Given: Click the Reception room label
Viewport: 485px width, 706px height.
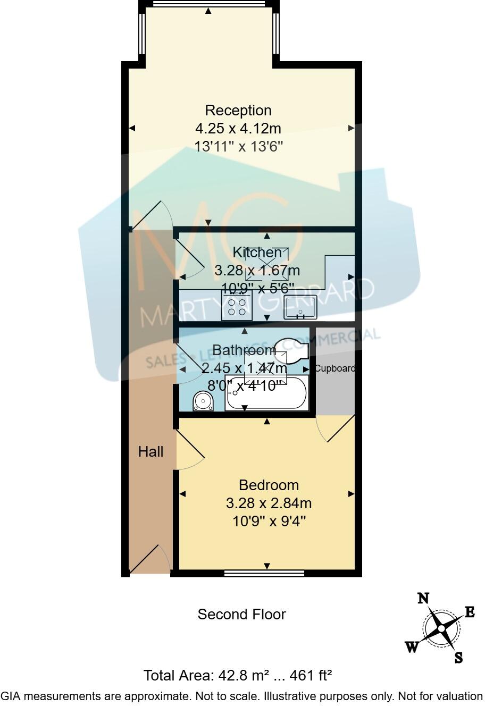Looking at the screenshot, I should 238,111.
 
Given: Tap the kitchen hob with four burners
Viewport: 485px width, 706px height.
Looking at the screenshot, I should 237,308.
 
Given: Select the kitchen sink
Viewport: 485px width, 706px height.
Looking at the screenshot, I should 300,307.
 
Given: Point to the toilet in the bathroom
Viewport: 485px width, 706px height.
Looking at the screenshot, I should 203,401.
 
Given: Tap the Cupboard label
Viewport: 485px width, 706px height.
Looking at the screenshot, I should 335,368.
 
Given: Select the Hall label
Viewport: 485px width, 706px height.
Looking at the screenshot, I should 150,452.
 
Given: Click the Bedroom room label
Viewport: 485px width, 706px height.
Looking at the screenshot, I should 269,485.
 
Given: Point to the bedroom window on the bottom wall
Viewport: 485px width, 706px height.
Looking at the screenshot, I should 264,573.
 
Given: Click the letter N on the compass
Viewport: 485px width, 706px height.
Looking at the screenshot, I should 423,599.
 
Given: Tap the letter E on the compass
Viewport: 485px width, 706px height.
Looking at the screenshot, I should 470,612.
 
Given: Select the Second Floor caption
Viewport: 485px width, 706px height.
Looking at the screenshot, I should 241,615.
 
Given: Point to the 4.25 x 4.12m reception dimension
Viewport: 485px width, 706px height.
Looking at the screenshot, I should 238,128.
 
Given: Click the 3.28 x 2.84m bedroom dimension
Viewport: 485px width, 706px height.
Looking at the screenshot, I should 269,503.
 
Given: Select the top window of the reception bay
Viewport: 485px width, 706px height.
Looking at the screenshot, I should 208,4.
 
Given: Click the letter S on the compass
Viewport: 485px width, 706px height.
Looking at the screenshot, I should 458,658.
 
